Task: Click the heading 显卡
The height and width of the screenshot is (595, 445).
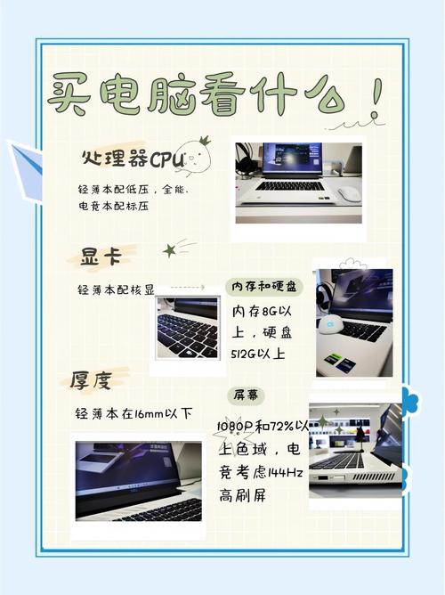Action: click(101, 257)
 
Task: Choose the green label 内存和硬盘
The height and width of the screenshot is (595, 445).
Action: click(265, 287)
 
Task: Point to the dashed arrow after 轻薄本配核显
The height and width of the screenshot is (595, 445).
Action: click(186, 288)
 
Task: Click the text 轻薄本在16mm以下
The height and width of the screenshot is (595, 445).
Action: click(134, 413)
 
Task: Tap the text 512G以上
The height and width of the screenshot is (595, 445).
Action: click(259, 355)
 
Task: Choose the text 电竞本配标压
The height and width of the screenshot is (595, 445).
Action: click(113, 206)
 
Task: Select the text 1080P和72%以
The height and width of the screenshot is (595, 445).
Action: click(263, 427)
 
